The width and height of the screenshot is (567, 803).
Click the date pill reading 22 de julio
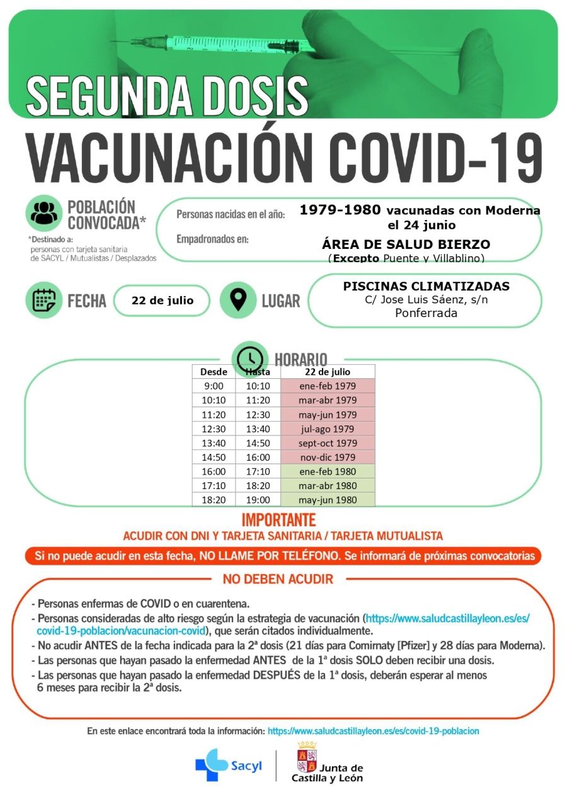(x=162, y=300)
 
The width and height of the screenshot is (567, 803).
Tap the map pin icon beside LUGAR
(x=238, y=300)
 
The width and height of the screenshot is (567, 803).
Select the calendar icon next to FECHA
(x=43, y=300)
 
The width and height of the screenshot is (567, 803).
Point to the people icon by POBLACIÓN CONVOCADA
(x=43, y=213)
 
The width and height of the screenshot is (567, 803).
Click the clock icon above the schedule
(x=250, y=358)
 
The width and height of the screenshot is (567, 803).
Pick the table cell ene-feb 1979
(x=328, y=386)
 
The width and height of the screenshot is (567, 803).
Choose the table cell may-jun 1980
(x=328, y=500)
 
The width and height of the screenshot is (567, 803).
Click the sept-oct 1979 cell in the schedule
(x=328, y=443)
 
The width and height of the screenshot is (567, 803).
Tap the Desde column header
(x=214, y=371)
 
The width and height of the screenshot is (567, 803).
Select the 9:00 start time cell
(x=214, y=386)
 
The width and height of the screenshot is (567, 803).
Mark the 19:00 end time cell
(x=258, y=500)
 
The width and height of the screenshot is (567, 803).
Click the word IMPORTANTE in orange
(x=278, y=520)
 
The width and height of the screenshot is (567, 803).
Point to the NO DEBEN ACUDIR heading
(x=278, y=579)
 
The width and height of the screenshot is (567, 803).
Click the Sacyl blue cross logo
(x=211, y=765)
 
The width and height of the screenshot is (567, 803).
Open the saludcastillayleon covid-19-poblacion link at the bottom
(x=373, y=731)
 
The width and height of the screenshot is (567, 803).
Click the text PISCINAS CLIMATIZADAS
(x=426, y=286)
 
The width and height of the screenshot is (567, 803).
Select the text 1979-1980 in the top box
(x=340, y=210)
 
